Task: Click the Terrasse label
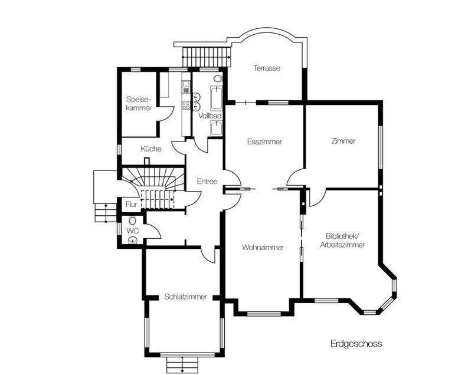tap(267, 68)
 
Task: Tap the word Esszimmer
tap(264, 142)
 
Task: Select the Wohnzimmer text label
tap(263, 247)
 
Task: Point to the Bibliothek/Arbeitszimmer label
tap(342, 241)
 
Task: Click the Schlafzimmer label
tap(186, 297)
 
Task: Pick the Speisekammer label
tap(139, 103)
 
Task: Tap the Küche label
tap(151, 149)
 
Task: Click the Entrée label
tap(207, 181)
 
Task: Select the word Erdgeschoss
tap(356, 344)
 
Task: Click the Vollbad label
tap(210, 116)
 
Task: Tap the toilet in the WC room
tap(132, 221)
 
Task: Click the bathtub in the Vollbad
tap(216, 98)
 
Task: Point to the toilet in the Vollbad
tap(218, 79)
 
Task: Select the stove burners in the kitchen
tap(186, 104)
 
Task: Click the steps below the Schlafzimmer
tap(182, 365)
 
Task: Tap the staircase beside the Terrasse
tap(207, 57)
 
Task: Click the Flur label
tap(132, 205)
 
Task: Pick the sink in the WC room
tap(133, 240)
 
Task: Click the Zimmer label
tap(343, 141)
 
